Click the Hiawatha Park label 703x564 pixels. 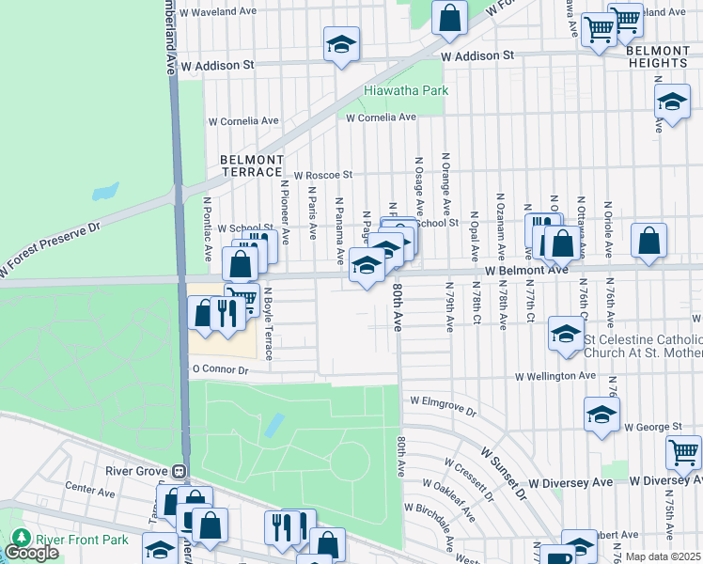pos(406,91)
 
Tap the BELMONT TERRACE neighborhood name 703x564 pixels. pos(251,166)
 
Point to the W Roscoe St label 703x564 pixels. pos(322,175)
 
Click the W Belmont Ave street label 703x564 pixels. pos(526,270)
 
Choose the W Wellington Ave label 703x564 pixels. pos(555,376)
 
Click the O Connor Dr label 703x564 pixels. pos(220,370)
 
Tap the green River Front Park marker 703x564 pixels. pos(19,539)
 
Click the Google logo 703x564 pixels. pos(31,553)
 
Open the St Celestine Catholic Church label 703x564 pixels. pos(642,346)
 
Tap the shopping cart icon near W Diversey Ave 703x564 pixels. pos(683,453)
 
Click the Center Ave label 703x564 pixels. pos(90,490)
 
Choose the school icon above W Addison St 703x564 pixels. pos(342,43)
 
